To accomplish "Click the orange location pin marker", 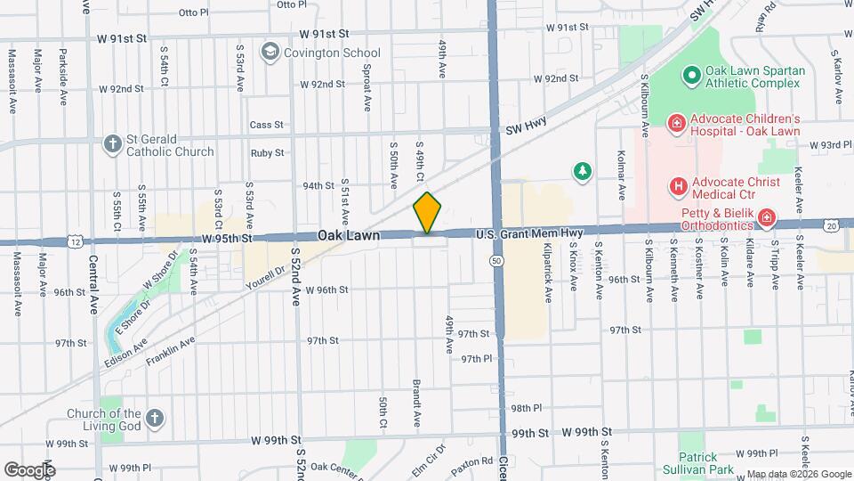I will point(427,214).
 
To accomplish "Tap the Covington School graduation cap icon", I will point(269,53).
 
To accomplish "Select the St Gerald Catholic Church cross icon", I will point(112,143).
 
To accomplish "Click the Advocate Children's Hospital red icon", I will point(676,122).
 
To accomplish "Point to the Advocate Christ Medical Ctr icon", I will point(678,186).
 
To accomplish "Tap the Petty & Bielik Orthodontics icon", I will point(765,218).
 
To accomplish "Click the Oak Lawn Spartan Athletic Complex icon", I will point(690,74).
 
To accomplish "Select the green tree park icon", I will point(583,169).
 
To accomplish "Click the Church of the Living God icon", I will point(155,417).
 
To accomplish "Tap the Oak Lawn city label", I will point(350,236).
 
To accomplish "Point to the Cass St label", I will point(266,125).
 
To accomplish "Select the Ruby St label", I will point(267,152).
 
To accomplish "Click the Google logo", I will point(30,469).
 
